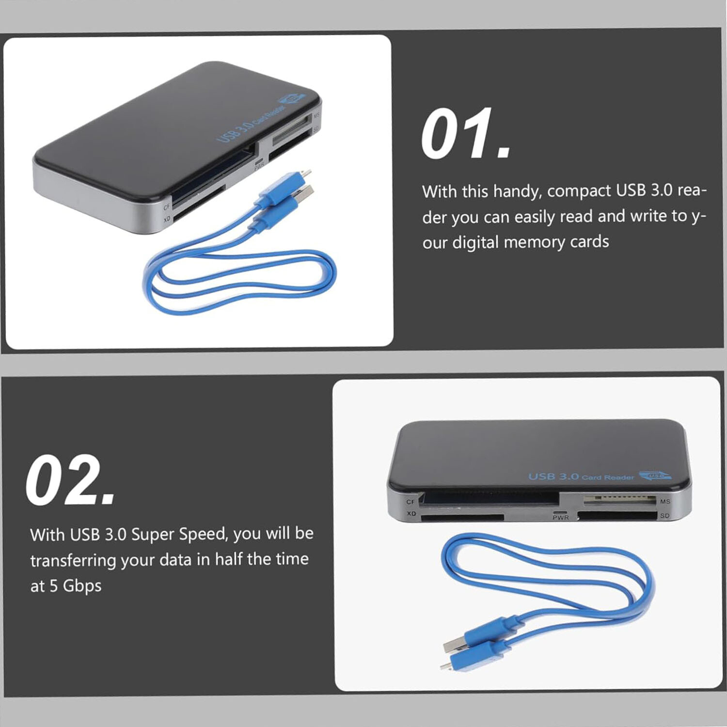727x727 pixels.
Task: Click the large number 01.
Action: [x=465, y=135]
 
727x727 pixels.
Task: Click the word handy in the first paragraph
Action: [x=517, y=191]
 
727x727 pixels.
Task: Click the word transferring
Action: [x=73, y=560]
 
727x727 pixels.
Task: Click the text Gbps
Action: [x=82, y=586]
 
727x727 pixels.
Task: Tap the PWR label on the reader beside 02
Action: [x=560, y=518]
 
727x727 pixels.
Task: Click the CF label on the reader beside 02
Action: [x=411, y=502]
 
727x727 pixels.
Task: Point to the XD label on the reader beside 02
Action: [x=411, y=514]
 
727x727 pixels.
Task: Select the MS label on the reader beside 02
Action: [x=664, y=502]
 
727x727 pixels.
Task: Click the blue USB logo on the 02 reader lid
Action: [x=656, y=475]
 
